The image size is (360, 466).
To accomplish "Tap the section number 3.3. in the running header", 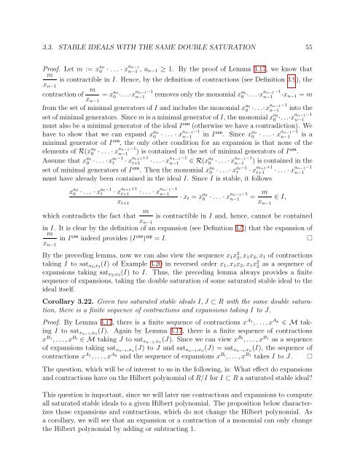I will point(36,25).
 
